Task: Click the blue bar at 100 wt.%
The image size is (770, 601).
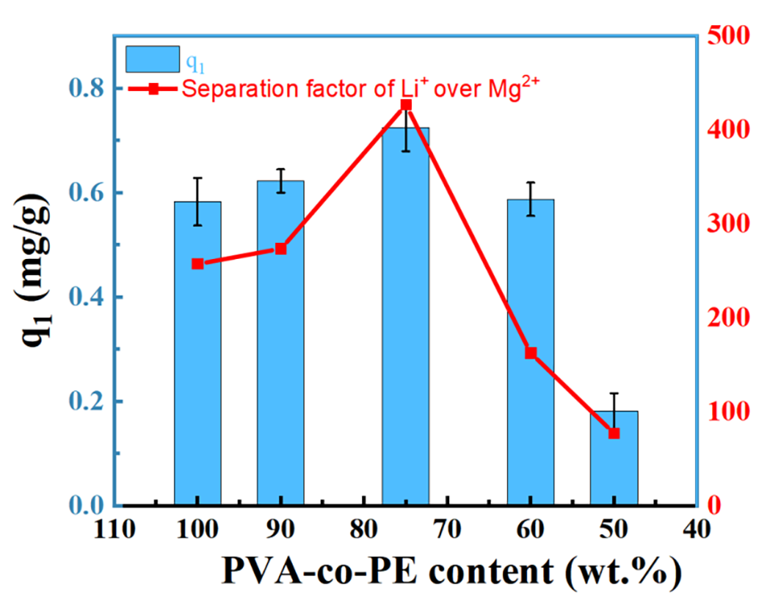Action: click(198, 355)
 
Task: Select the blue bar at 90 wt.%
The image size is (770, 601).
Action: click(281, 347)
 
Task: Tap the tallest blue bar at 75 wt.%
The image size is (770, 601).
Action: click(406, 323)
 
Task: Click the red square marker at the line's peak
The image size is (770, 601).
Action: click(406, 105)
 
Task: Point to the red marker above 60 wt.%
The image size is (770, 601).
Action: click(531, 353)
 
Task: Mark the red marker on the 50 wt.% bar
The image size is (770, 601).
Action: click(614, 433)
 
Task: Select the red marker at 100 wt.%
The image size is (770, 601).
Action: click(198, 264)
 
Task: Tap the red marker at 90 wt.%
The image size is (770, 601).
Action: click(281, 248)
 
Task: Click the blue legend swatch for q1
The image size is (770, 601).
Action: click(152, 59)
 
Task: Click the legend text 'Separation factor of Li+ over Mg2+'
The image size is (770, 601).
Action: click(360, 87)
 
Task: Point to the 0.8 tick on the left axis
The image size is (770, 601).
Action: click(81, 88)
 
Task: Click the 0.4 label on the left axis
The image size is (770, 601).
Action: click(81, 297)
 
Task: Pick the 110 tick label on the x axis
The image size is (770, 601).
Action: click(113, 530)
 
